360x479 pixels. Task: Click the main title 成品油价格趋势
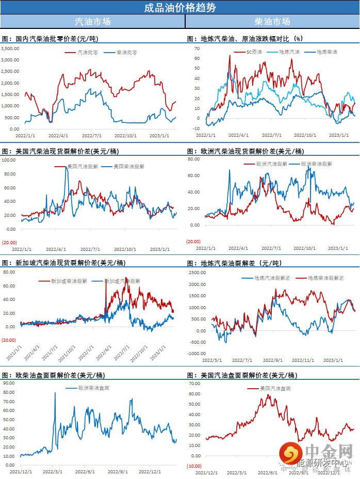point(180,7)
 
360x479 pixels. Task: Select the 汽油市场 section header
point(92,22)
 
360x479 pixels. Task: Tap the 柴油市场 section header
point(272,22)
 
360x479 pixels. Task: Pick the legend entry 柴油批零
point(126,52)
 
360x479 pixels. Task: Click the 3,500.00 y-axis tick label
point(10,49)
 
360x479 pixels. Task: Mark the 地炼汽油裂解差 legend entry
point(272,278)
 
